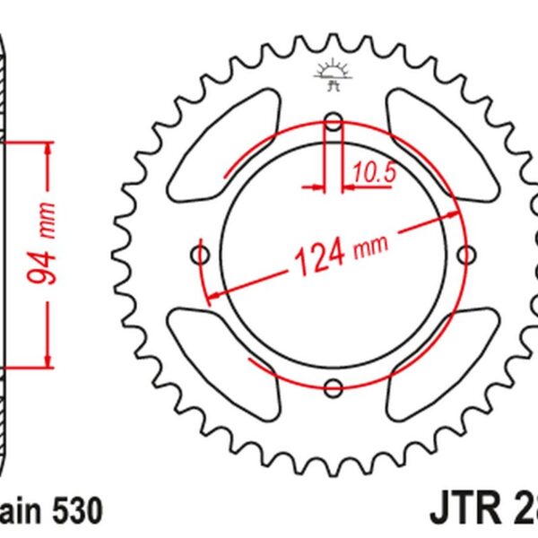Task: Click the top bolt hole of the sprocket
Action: pyautogui.click(x=334, y=122)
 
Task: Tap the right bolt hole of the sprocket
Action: pyautogui.click(x=465, y=254)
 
